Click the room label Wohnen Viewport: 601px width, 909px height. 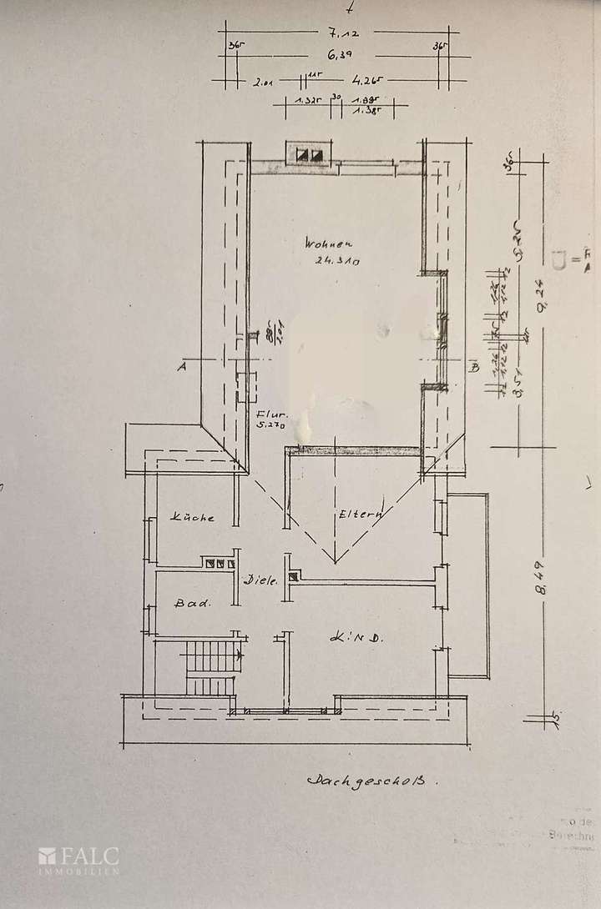coord(330,244)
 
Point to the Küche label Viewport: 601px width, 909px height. coord(193,518)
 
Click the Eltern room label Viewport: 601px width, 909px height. coord(360,515)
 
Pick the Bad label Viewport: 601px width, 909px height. coord(192,601)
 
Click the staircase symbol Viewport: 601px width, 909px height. coord(212,667)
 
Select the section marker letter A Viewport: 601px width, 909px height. coord(179,364)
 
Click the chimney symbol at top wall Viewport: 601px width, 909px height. coord(309,154)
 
